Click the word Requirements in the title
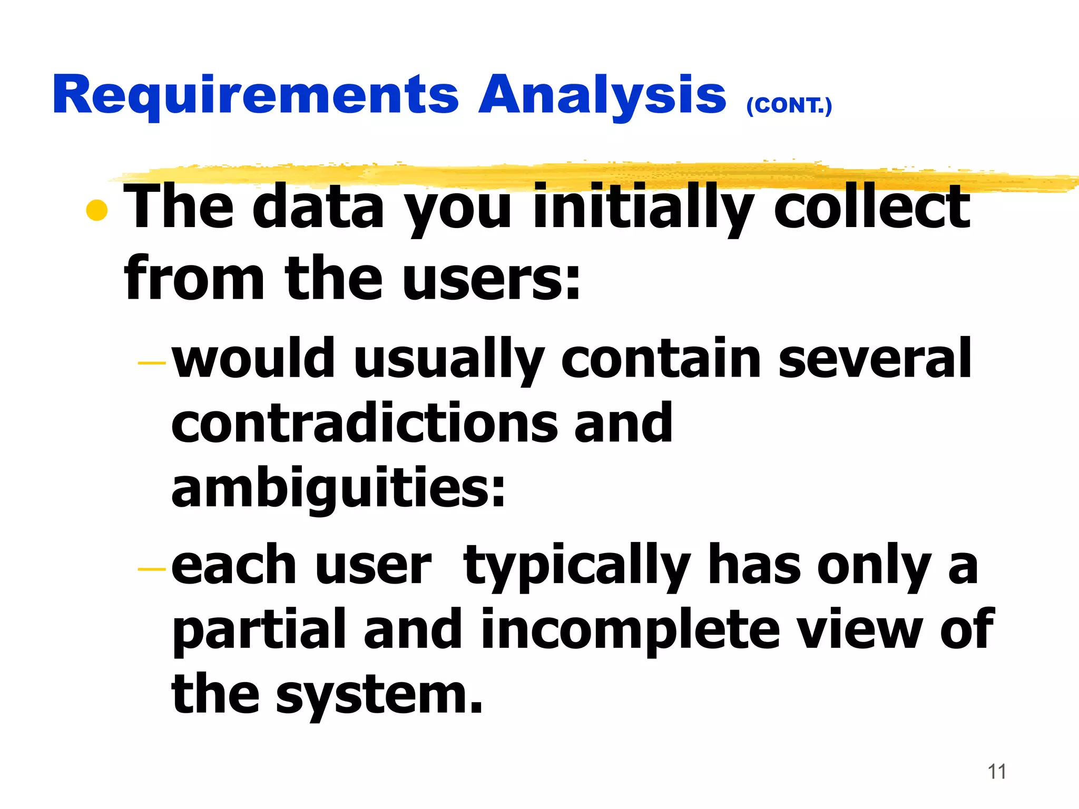point(256,95)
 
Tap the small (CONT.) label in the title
point(789,105)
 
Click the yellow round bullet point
point(97,211)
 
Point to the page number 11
point(997,772)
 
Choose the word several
point(875,359)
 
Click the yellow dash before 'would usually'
point(151,363)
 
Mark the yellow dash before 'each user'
point(151,569)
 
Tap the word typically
point(577,566)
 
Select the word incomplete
point(630,629)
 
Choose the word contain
point(661,359)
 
